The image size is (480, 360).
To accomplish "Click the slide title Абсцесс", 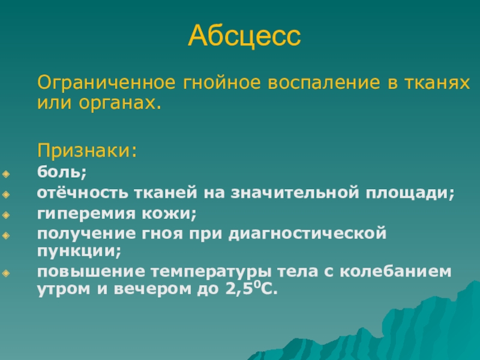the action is click(x=244, y=36).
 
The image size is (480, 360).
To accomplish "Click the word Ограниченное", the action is click(x=106, y=82).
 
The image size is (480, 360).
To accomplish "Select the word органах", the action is click(x=120, y=103).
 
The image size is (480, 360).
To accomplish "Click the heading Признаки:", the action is click(x=87, y=151).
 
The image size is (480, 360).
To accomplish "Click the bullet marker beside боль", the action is click(x=6, y=174).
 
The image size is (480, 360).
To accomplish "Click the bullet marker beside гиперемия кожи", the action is click(x=6, y=215).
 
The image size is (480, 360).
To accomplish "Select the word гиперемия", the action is click(x=86, y=214).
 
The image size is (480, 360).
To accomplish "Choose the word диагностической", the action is click(x=307, y=234).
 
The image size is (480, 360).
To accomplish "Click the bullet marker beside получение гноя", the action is click(x=6, y=235).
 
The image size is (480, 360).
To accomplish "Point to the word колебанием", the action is click(x=395, y=271).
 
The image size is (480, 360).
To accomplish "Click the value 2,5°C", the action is click(x=251, y=289).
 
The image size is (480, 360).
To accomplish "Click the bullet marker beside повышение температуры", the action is click(x=6, y=273).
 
